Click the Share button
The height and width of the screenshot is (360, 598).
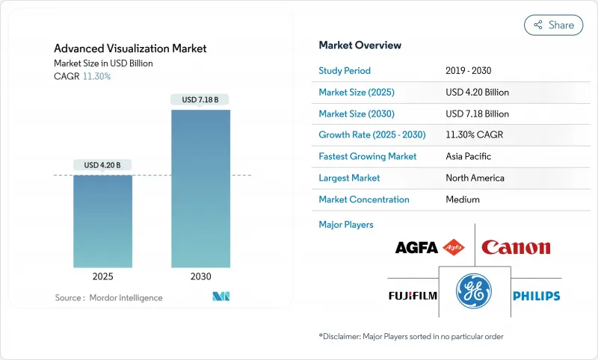(x=553, y=25)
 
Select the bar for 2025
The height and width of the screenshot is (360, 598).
(x=102, y=221)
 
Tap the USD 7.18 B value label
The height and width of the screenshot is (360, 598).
(x=201, y=99)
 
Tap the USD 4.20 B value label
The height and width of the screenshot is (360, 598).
(x=102, y=165)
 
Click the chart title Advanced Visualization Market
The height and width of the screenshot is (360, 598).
(x=130, y=49)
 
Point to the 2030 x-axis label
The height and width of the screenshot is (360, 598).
(x=201, y=276)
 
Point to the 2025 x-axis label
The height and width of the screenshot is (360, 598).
(x=102, y=276)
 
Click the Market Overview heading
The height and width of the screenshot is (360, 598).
(x=360, y=46)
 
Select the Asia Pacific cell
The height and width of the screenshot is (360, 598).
(x=469, y=157)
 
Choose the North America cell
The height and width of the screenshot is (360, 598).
(x=475, y=178)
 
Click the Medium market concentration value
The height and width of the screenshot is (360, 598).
(x=462, y=199)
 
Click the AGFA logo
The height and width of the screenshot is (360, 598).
(x=430, y=247)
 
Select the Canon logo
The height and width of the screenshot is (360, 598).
(x=516, y=247)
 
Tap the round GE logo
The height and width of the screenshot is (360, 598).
(x=474, y=291)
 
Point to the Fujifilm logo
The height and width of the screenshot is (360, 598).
(x=412, y=296)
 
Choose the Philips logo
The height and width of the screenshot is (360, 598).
(x=536, y=296)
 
